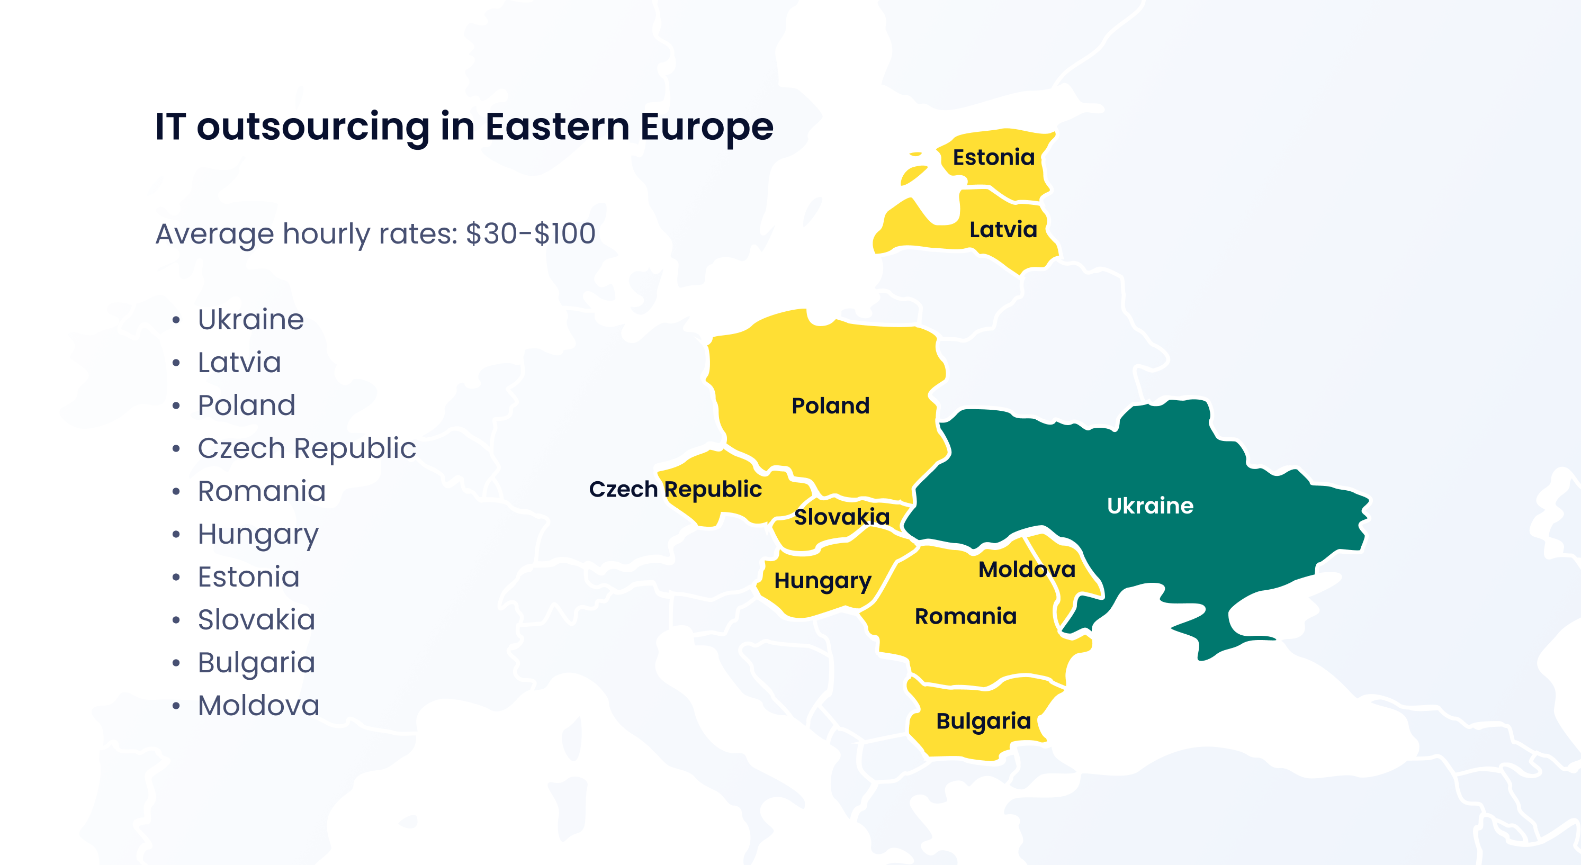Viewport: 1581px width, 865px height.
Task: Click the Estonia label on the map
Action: pyautogui.click(x=993, y=158)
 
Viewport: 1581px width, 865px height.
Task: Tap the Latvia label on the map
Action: pyautogui.click(x=1003, y=230)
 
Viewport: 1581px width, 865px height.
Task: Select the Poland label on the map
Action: pyautogui.click(x=830, y=406)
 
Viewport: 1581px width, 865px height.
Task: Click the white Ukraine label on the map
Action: pyautogui.click(x=1149, y=506)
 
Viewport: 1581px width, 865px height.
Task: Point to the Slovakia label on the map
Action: pyautogui.click(x=841, y=517)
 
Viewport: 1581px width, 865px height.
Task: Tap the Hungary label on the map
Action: pyautogui.click(x=822, y=581)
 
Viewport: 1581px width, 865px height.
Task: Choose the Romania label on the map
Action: pyautogui.click(x=965, y=617)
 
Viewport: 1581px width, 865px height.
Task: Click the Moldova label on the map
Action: pyautogui.click(x=1026, y=570)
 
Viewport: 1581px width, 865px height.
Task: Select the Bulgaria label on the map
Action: pyautogui.click(x=983, y=722)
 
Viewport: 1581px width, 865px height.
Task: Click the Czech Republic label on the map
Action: pyautogui.click(x=675, y=490)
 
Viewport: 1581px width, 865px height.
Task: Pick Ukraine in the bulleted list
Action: pyautogui.click(x=250, y=320)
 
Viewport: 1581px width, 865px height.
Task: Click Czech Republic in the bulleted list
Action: pyautogui.click(x=306, y=448)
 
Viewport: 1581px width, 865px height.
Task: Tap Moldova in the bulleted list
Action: pyautogui.click(x=258, y=706)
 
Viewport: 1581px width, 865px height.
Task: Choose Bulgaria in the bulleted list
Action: pyautogui.click(x=256, y=663)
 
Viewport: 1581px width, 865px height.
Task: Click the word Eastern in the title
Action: pyautogui.click(x=558, y=127)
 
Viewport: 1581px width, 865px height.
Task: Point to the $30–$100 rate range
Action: pyautogui.click(x=531, y=234)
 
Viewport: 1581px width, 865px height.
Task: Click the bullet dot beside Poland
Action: pyautogui.click(x=176, y=406)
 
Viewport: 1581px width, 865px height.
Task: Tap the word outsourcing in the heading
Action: pyautogui.click(x=313, y=127)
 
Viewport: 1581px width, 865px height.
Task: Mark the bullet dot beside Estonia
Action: pyautogui.click(x=176, y=577)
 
